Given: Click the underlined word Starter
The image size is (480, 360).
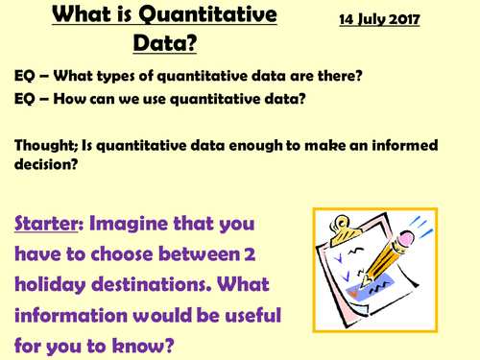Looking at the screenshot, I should [47, 227].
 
